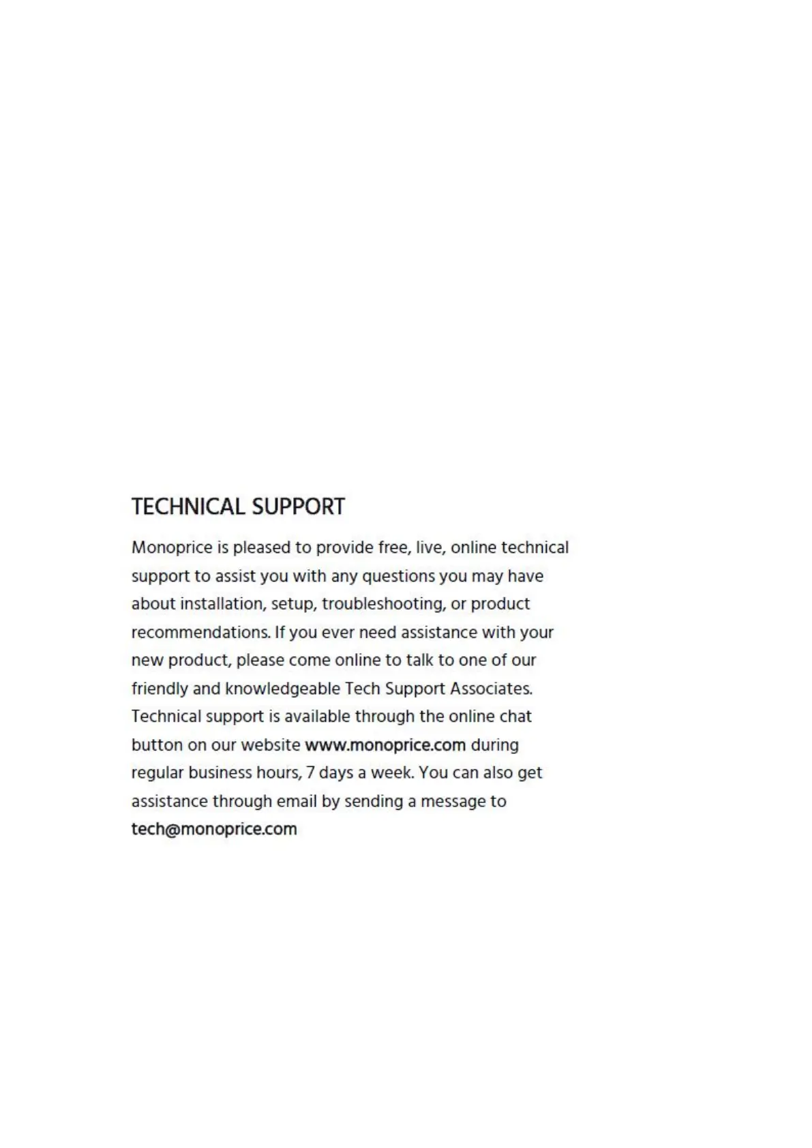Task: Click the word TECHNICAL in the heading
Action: [188, 507]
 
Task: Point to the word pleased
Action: [261, 548]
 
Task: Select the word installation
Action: [222, 604]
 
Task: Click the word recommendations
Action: [200, 633]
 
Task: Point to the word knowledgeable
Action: [283, 689]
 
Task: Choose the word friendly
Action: [160, 689]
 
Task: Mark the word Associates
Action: [491, 689]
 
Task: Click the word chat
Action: [515, 717]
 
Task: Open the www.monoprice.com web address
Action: [385, 745]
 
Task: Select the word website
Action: [271, 745]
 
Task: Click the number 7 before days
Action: [311, 774]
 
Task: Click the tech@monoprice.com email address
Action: [214, 830]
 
